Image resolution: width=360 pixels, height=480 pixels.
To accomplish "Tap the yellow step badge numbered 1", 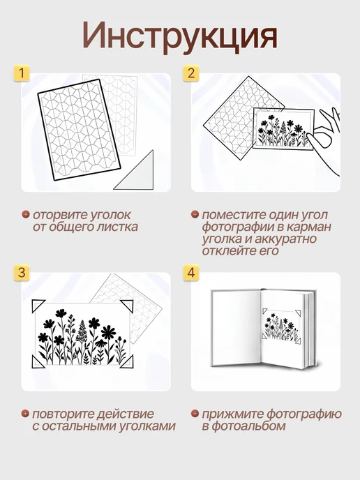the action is [22, 73].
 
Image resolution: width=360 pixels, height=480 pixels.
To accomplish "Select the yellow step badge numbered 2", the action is [191, 73].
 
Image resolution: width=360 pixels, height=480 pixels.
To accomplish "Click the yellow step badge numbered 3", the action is [22, 273].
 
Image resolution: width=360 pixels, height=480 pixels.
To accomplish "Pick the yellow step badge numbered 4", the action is [191, 273].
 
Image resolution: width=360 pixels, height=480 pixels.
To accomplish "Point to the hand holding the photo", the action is [324, 137].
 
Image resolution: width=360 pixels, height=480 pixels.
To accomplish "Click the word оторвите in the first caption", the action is [56, 215].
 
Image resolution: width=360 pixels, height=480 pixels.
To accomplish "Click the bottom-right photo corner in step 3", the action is [127, 361].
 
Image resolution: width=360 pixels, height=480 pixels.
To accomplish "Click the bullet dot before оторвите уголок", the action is [25, 214].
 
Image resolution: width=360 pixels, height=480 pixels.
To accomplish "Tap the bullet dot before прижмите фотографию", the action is [195, 414].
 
